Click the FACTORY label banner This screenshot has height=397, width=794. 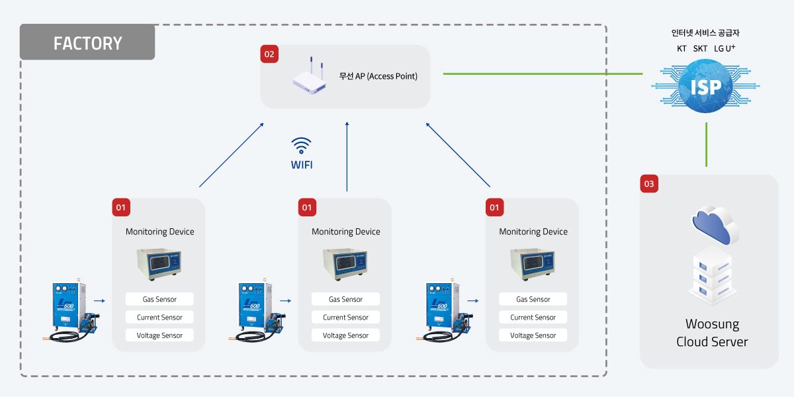coord(87,42)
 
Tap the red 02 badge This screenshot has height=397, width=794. coord(269,54)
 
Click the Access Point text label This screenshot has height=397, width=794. coord(378,76)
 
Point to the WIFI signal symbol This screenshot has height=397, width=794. coord(301,146)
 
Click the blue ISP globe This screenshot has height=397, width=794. coord(705,86)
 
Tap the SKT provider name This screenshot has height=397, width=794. coord(700,48)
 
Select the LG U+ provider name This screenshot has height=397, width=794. coord(725,48)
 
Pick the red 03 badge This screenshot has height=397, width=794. coord(649,184)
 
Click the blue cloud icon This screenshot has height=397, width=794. coord(715,226)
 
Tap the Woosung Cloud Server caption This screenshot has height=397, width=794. coord(712,333)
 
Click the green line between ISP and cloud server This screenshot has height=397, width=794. coord(707,144)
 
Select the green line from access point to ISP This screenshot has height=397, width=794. coord(543,73)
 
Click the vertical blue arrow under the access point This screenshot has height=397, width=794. coord(347,156)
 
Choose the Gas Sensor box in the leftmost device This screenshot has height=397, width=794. coord(159,299)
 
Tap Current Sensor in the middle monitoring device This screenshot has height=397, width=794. coord(345,317)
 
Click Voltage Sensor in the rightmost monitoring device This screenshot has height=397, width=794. coord(533,335)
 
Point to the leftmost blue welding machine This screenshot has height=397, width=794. coord(71,310)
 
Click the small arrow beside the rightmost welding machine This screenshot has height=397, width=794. coord(473,300)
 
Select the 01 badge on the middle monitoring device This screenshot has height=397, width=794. coord(307,207)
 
